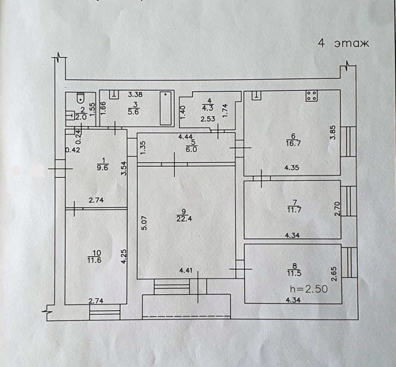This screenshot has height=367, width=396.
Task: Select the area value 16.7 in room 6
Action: (x=293, y=142)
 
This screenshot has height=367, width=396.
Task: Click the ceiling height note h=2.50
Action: (x=309, y=289)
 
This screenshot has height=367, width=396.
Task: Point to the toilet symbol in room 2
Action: (x=80, y=98)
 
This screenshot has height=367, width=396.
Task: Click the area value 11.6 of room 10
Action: (x=97, y=260)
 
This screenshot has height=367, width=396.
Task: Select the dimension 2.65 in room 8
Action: (x=334, y=272)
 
